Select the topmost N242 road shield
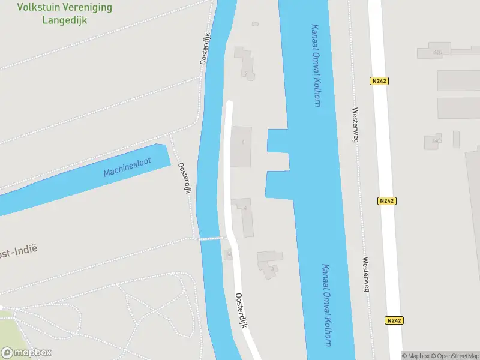click(x=379, y=81)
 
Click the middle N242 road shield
click(x=387, y=201)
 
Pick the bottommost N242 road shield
click(x=394, y=320)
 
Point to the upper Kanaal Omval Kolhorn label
click(x=315, y=65)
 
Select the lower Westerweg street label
click(x=365, y=274)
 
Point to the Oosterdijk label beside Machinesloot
click(x=184, y=178)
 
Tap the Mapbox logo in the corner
click(x=26, y=352)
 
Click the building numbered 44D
click(x=433, y=142)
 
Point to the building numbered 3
click(x=270, y=264)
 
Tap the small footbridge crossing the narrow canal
click(x=214, y=238)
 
